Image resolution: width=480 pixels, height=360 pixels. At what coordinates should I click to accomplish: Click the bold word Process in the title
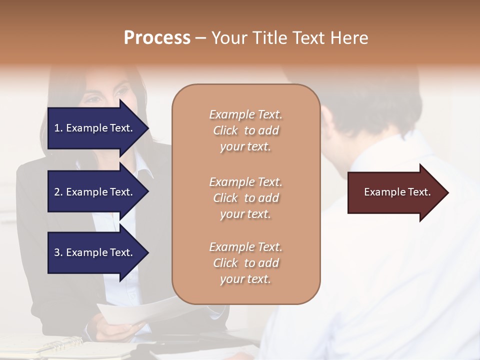point(157,38)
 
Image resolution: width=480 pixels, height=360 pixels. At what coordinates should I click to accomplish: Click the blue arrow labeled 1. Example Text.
point(95,128)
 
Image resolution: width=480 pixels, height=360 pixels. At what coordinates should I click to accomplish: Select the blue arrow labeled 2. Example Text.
point(95,192)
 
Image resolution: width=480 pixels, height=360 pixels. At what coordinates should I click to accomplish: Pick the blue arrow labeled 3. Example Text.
point(95,252)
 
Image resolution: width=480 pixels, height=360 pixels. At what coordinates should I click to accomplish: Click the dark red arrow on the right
point(395,192)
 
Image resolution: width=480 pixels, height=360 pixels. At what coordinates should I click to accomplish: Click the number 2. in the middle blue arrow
point(58,192)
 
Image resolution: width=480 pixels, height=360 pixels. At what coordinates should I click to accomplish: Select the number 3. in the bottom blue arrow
point(58,252)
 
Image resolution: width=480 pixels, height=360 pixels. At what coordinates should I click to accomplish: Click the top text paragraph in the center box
point(245,130)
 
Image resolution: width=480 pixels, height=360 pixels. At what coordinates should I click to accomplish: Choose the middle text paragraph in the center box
point(245,197)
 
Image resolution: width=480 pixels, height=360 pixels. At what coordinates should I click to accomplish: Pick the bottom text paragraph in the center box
point(245,263)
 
